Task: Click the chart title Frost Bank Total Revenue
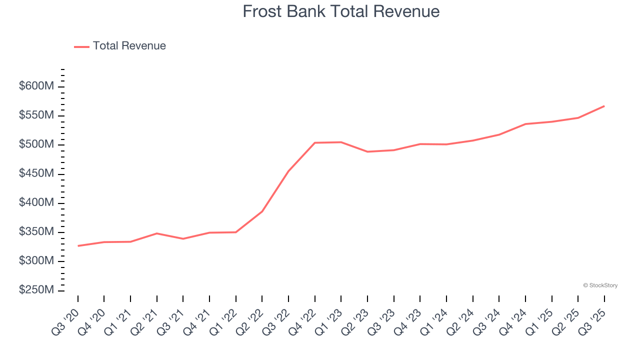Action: (x=341, y=11)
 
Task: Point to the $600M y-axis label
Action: (x=36, y=86)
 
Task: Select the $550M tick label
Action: (x=36, y=115)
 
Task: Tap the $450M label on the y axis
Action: (x=36, y=173)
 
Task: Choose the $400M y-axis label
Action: (x=36, y=202)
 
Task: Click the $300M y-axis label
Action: (x=36, y=261)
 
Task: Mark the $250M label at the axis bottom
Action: (x=36, y=290)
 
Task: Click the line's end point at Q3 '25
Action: (x=604, y=106)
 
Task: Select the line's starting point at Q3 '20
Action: (x=78, y=246)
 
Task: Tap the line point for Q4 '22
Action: (x=315, y=143)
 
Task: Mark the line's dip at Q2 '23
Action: (x=367, y=151)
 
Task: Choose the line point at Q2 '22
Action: (x=262, y=211)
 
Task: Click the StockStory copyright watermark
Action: (x=600, y=285)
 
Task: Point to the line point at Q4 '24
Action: (x=525, y=124)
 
